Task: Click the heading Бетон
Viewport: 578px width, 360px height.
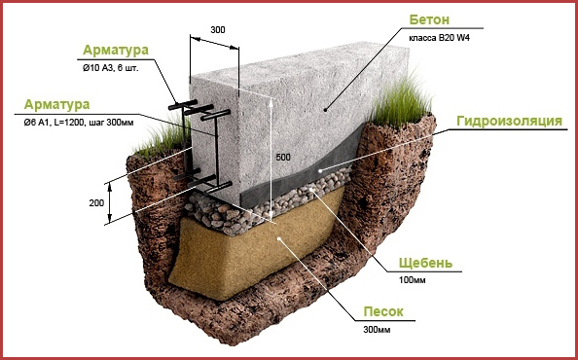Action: tap(429, 19)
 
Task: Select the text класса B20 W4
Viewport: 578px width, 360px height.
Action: tap(439, 38)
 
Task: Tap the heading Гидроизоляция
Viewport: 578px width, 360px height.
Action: tap(510, 121)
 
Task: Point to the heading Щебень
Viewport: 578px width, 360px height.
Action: tap(425, 263)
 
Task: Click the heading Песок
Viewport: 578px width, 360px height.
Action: tap(383, 311)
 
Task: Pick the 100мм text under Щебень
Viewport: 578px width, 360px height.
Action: tap(413, 280)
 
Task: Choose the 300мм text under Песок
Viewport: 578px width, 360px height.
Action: tap(377, 330)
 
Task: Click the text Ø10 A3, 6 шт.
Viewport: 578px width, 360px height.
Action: tap(111, 68)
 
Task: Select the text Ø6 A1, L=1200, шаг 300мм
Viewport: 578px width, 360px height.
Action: tap(79, 123)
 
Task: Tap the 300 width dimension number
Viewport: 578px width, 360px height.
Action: tap(218, 30)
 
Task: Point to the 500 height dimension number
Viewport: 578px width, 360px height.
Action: tap(283, 158)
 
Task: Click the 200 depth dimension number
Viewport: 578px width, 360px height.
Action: tap(96, 203)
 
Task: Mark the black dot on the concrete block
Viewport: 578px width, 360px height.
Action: tap(325, 109)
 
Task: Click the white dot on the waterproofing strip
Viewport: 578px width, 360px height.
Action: tap(320, 170)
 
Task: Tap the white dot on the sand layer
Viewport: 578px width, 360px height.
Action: tap(279, 238)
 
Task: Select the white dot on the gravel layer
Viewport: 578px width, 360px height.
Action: tap(311, 190)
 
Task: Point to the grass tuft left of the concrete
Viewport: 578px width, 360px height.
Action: tap(163, 138)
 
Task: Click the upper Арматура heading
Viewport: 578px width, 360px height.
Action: tap(116, 51)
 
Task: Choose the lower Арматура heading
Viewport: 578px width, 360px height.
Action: tap(56, 105)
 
